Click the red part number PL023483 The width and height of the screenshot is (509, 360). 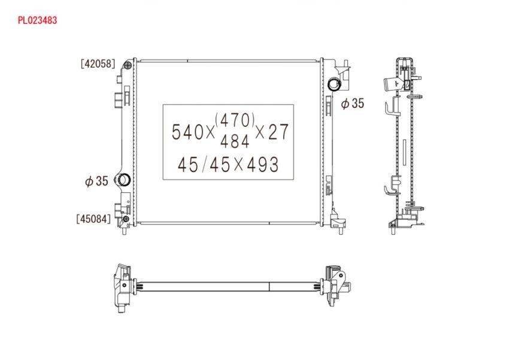coord(37,20)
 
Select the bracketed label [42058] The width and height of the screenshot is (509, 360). coord(98,63)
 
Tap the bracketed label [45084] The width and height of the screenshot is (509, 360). coord(93,219)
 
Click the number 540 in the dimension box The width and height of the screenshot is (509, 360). coord(188,132)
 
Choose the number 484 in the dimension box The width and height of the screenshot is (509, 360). coord(235,141)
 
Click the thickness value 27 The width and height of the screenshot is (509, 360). coord(278,132)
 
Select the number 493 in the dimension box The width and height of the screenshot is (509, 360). coord(263,164)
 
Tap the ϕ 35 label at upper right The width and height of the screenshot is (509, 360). coord(353,103)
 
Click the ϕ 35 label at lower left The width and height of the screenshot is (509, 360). coord(96,181)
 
